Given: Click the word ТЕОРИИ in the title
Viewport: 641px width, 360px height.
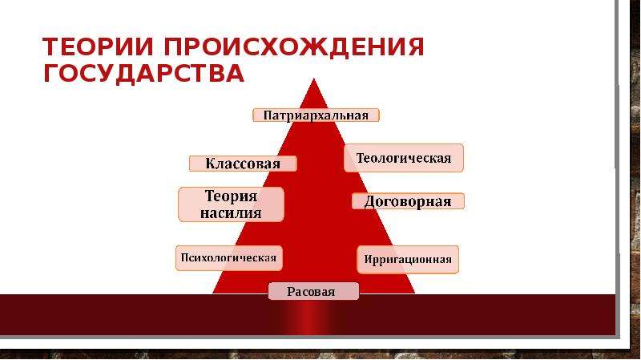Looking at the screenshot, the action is pyautogui.click(x=97, y=47).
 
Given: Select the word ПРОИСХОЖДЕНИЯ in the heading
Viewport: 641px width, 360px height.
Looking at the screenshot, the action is pyautogui.click(x=294, y=47).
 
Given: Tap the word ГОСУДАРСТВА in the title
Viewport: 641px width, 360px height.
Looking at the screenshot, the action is pyautogui.click(x=144, y=74).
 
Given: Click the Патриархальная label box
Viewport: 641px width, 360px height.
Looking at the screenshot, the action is pyautogui.click(x=316, y=115).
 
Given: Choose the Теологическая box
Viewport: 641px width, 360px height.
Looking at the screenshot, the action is pyautogui.click(x=404, y=158).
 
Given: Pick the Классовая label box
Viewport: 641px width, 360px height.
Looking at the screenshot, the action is pyautogui.click(x=243, y=164).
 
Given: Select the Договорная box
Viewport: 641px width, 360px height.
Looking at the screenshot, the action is pyautogui.click(x=408, y=201).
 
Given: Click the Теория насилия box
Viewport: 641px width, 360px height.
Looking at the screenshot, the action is pyautogui.click(x=231, y=204).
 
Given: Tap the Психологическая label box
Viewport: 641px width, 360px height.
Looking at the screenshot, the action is pyautogui.click(x=229, y=258).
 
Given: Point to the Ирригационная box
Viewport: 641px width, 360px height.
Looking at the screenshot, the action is pyautogui.click(x=408, y=259).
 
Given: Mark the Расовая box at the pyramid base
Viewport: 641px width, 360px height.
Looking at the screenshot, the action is pyautogui.click(x=313, y=291).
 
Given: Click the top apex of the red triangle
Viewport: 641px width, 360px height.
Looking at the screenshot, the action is pyautogui.click(x=313, y=79).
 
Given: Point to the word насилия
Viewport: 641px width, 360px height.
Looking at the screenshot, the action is pyautogui.click(x=231, y=213).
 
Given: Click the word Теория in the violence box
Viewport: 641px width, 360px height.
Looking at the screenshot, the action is pyautogui.click(x=231, y=196).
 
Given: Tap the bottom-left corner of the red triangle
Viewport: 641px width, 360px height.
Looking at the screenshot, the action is pyautogui.click(x=213, y=293).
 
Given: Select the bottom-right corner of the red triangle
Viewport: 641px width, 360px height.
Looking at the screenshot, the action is pyautogui.click(x=414, y=293).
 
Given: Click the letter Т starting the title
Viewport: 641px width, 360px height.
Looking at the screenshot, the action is pyautogui.click(x=50, y=47).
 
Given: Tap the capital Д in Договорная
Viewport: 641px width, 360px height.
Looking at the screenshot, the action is pyautogui.click(x=370, y=202).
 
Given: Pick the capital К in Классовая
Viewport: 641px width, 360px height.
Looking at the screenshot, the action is pyautogui.click(x=210, y=164).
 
